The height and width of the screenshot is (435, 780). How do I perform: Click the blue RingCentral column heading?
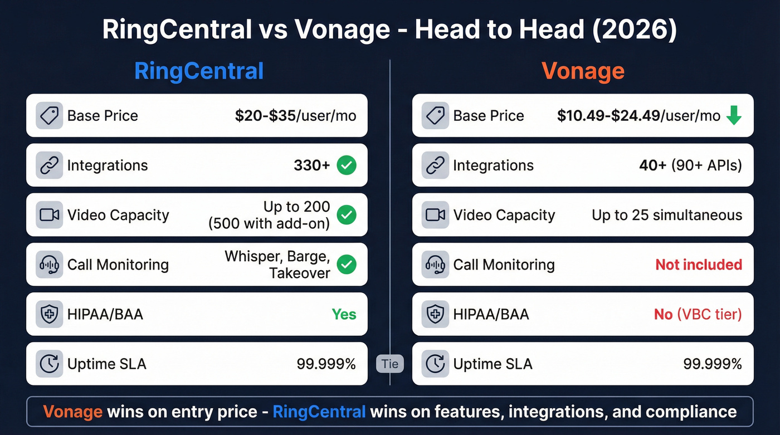click(199, 71)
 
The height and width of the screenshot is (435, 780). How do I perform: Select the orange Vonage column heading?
click(583, 71)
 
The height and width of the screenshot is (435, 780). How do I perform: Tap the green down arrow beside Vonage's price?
click(734, 116)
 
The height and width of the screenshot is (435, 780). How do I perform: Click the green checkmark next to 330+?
click(347, 165)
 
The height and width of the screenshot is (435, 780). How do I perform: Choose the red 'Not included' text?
click(699, 265)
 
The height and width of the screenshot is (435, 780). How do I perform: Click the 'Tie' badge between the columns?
click(390, 364)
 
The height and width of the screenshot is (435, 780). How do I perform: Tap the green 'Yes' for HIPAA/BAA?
click(344, 314)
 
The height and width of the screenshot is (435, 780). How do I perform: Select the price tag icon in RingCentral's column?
click(48, 116)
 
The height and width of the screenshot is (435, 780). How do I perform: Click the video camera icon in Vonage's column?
click(435, 215)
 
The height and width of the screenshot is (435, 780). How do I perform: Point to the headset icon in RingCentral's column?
click(48, 265)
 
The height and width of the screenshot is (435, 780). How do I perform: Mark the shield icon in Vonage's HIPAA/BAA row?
click(435, 314)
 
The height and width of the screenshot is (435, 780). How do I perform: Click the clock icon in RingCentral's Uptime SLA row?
click(48, 364)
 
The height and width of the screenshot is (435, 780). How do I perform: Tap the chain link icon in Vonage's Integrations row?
click(435, 165)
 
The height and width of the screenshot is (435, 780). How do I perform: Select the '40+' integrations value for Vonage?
click(652, 165)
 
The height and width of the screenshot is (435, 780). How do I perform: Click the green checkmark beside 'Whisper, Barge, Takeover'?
click(347, 265)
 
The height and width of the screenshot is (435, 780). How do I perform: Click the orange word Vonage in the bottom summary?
click(72, 412)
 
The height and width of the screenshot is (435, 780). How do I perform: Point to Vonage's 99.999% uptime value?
click(713, 364)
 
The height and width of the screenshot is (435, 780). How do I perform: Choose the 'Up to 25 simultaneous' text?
click(667, 215)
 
